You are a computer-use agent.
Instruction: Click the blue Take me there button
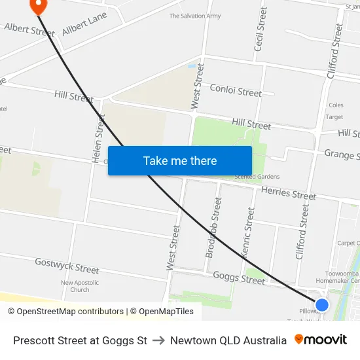[179, 160]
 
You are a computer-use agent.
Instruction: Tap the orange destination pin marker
[39, 6]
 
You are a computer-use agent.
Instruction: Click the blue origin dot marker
[321, 304]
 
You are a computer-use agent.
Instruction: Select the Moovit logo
[321, 340]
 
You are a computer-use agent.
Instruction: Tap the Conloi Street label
[236, 91]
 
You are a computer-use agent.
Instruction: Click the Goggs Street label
[239, 278]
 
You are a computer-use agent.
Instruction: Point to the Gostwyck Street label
[67, 266]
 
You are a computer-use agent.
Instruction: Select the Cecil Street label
[260, 29]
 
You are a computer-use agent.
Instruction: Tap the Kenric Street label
[247, 232]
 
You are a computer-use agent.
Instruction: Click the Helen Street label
[99, 139]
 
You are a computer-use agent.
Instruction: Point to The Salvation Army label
[195, 16]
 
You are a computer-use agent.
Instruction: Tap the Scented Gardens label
[258, 177]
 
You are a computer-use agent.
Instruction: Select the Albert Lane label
[84, 24]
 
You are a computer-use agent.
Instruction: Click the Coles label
[336, 105]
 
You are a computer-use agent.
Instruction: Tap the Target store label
[334, 117]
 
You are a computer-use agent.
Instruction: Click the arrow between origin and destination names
[158, 340]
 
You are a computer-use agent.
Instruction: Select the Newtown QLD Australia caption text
[228, 340]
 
